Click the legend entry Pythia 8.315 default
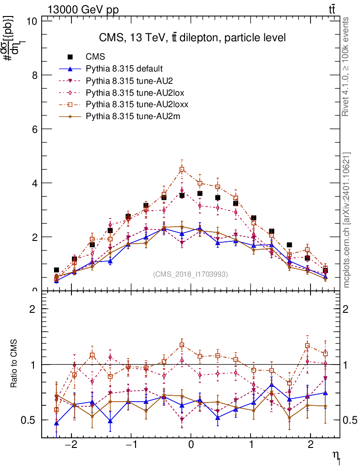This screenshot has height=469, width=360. tap(124, 69)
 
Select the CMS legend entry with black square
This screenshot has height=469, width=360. tap(96, 57)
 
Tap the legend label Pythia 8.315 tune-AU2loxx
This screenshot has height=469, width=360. tap(137, 104)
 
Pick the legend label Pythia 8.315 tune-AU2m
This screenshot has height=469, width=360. tap(133, 116)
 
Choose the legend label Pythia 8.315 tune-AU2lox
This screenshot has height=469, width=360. tap(135, 93)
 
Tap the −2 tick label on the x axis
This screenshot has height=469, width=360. tap(71, 446)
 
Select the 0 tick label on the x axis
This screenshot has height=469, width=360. tap(191, 446)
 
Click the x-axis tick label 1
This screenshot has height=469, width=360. tap(251, 446)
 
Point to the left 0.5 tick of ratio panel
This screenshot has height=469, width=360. tap(29, 420)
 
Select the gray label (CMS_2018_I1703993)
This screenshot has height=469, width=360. tap(190, 274)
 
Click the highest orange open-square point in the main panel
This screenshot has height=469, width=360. tap(182, 169)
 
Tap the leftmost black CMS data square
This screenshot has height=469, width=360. tap(56, 270)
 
